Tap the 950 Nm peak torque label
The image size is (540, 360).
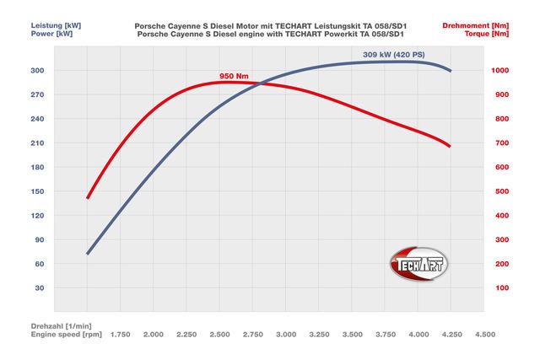233,76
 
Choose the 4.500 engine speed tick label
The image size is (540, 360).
484,335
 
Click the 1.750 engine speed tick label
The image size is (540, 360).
120,335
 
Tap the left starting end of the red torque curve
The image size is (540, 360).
88,198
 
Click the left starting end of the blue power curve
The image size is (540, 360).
88,253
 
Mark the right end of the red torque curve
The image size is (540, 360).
451,147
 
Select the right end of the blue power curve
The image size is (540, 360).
451,71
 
